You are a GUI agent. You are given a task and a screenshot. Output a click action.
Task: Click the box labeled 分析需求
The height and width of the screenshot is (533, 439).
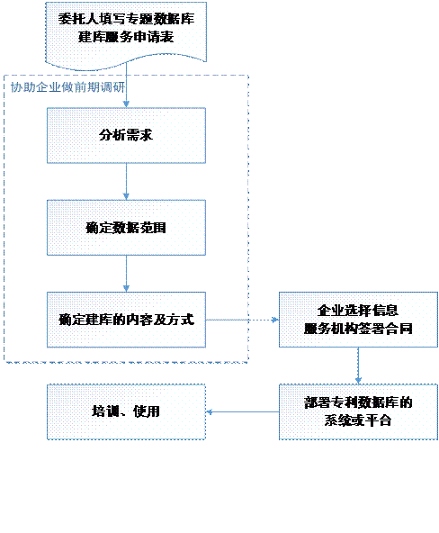pos(126,136)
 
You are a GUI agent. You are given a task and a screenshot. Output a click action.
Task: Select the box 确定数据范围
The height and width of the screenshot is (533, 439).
pos(126,228)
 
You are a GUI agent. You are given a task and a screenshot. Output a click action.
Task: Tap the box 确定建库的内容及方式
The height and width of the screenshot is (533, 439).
pos(126,320)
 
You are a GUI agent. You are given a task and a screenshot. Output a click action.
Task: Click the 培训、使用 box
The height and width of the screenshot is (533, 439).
pos(126,412)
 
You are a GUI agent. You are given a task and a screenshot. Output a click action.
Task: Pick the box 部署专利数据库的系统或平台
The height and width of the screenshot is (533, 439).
pos(358,412)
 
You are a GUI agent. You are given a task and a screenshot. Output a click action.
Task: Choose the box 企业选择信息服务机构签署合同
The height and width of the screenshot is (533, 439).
pos(358,320)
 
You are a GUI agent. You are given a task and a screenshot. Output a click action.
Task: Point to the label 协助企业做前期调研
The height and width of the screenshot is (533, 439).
pos(67,87)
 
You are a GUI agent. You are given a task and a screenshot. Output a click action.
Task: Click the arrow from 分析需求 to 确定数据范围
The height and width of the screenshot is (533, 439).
pos(126,182)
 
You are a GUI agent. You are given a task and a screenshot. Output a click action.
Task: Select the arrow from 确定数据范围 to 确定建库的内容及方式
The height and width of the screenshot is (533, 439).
pos(126,274)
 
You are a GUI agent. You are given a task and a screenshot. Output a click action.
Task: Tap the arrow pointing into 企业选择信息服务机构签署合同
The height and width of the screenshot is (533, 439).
pos(242,320)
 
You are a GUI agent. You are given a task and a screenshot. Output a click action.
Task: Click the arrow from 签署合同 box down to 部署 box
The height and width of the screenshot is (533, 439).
pos(358,366)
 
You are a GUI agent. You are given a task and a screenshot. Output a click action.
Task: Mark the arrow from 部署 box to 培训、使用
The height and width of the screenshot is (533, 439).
pos(242,412)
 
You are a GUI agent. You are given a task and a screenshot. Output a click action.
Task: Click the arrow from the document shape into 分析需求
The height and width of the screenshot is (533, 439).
pos(126,86)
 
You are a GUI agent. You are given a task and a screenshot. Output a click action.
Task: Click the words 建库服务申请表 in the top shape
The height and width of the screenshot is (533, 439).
pos(126,37)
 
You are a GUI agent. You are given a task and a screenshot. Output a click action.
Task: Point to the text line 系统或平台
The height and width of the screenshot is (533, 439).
pos(358,420)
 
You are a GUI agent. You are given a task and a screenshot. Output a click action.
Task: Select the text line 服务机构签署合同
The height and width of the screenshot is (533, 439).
pos(358,329)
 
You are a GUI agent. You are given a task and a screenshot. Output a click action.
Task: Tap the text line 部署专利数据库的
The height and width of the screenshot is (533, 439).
pos(358,402)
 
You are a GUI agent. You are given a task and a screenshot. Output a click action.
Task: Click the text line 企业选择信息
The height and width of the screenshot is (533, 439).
pos(358,310)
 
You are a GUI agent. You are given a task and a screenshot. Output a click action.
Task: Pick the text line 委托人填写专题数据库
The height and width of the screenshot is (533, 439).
pos(126,19)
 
